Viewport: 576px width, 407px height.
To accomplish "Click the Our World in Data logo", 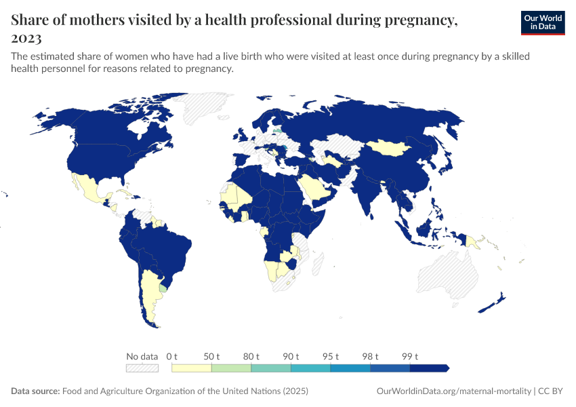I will coord(542,22).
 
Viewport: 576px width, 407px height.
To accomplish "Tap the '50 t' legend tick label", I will coord(212,356).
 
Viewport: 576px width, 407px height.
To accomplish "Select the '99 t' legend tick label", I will coord(411,356).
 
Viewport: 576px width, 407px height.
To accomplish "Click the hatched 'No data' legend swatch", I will coord(142,368).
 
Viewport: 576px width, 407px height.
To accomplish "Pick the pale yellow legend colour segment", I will coord(192,368).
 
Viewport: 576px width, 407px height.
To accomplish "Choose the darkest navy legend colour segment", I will coord(428,368).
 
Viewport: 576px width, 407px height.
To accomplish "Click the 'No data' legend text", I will coord(142,356).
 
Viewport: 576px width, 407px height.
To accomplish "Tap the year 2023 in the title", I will coord(26,37).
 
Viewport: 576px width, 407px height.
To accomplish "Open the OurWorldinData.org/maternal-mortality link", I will coord(453,391).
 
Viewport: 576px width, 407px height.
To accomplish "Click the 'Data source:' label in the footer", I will coord(35,391).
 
